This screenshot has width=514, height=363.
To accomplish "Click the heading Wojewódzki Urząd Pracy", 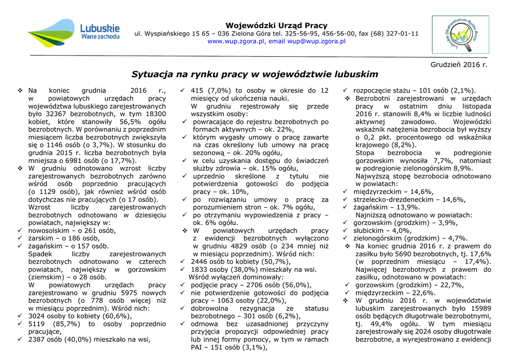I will [x=276, y=26].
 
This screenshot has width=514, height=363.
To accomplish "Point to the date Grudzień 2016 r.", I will [x=459, y=65].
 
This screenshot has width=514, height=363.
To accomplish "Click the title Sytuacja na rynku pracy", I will [x=254, y=74].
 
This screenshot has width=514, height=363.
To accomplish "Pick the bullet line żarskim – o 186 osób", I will [x=64, y=238].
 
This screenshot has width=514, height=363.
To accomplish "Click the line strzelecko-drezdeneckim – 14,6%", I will [x=409, y=200].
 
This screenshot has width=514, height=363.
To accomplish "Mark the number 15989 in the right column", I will [x=478, y=308].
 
